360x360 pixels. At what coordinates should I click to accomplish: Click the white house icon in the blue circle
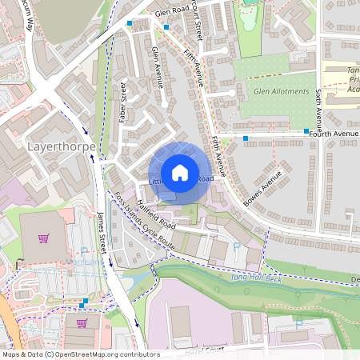point(180,173)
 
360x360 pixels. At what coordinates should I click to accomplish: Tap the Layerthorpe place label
point(62,147)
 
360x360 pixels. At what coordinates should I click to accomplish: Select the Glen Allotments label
point(281,92)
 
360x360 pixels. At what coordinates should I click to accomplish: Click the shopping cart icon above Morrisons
point(44,238)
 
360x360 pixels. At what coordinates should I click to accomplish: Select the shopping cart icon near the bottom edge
point(82,323)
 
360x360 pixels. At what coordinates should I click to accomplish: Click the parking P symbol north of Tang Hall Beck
point(236,246)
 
